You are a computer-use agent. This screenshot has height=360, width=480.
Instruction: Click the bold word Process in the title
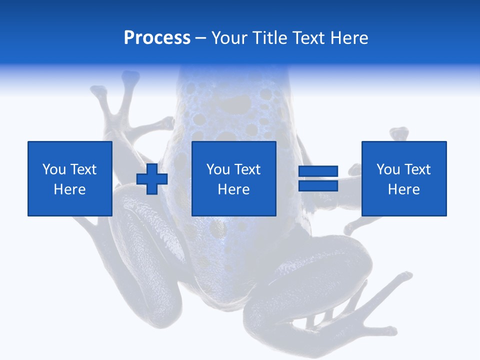tap(157, 38)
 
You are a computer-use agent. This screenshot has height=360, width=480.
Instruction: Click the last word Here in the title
tap(350, 38)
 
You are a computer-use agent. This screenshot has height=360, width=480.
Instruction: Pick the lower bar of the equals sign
tap(318, 185)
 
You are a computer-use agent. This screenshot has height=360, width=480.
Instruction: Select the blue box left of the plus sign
tap(70, 150)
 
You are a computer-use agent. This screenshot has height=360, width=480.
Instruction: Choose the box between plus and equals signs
tap(234, 150)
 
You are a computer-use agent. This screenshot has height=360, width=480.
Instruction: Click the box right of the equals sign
tap(404, 150)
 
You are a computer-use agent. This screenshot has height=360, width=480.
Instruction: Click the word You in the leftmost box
tap(53, 169)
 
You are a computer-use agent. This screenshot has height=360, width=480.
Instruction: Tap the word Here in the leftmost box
tap(70, 189)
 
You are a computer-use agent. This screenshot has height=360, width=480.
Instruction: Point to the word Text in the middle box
tap(247, 169)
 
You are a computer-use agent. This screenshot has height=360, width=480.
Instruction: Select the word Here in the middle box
tap(234, 189)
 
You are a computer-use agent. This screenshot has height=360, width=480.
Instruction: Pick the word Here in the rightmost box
tap(404, 189)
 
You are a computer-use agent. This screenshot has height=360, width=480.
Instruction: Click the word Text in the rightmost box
tap(417, 169)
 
